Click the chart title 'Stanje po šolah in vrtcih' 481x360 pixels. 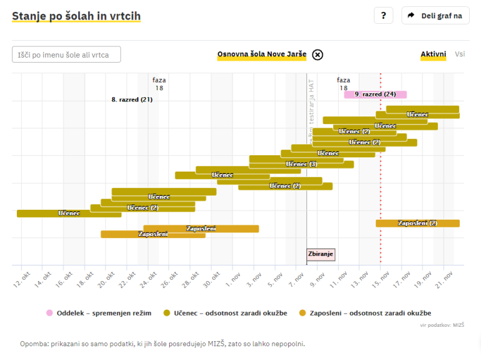pos(76,16)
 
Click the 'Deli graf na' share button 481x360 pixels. pos(435,16)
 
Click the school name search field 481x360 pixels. pos(66,54)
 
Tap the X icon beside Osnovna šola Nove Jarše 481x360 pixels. pos(318,54)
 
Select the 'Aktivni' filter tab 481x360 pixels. pos(433,54)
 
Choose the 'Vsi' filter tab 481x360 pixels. pos(460,54)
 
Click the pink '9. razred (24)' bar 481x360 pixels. pos(375,95)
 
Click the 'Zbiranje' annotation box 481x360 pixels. pos(321,254)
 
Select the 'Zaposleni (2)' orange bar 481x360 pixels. pos(417,223)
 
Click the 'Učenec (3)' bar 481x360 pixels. pos(301,164)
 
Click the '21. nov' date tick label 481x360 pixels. pos(445,279)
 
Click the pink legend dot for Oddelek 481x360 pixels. pos(49,313)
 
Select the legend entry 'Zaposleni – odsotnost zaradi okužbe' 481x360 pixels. pos(366,313)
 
